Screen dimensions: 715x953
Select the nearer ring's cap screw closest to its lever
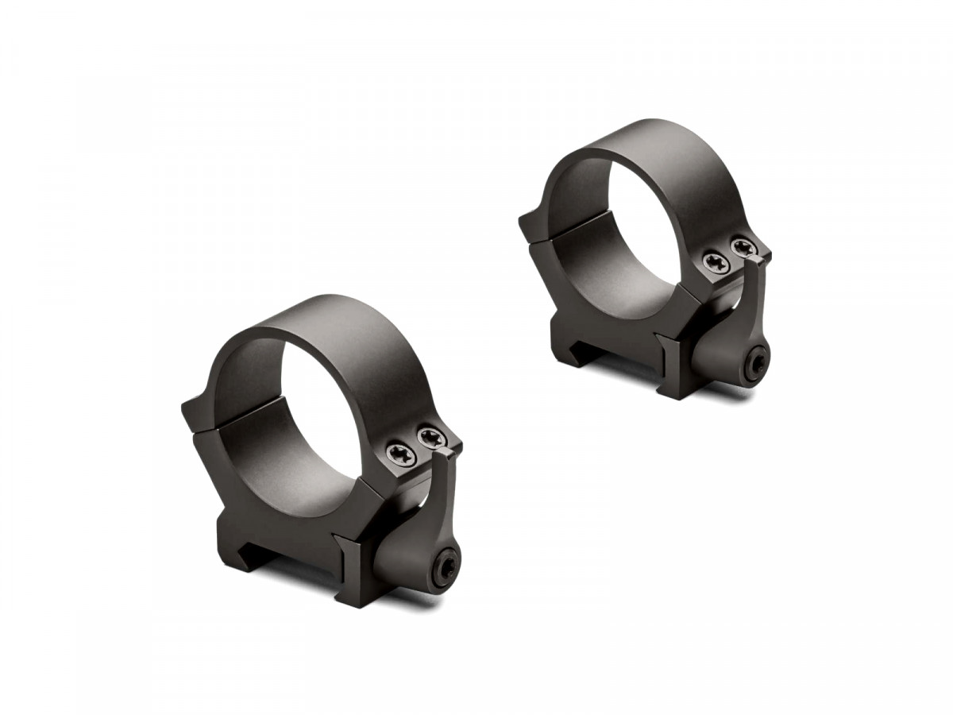430,437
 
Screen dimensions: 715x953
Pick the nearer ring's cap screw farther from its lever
398,454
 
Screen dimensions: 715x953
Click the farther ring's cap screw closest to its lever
743,247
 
